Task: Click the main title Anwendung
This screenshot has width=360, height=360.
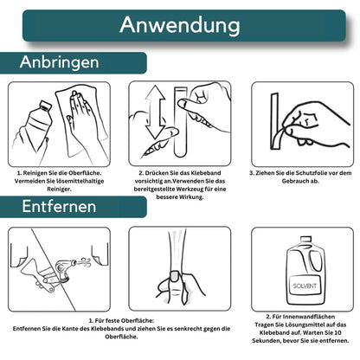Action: (x=179, y=25)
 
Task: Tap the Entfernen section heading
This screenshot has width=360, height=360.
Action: (x=61, y=208)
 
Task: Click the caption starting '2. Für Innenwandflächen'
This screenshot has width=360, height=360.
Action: (x=299, y=331)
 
